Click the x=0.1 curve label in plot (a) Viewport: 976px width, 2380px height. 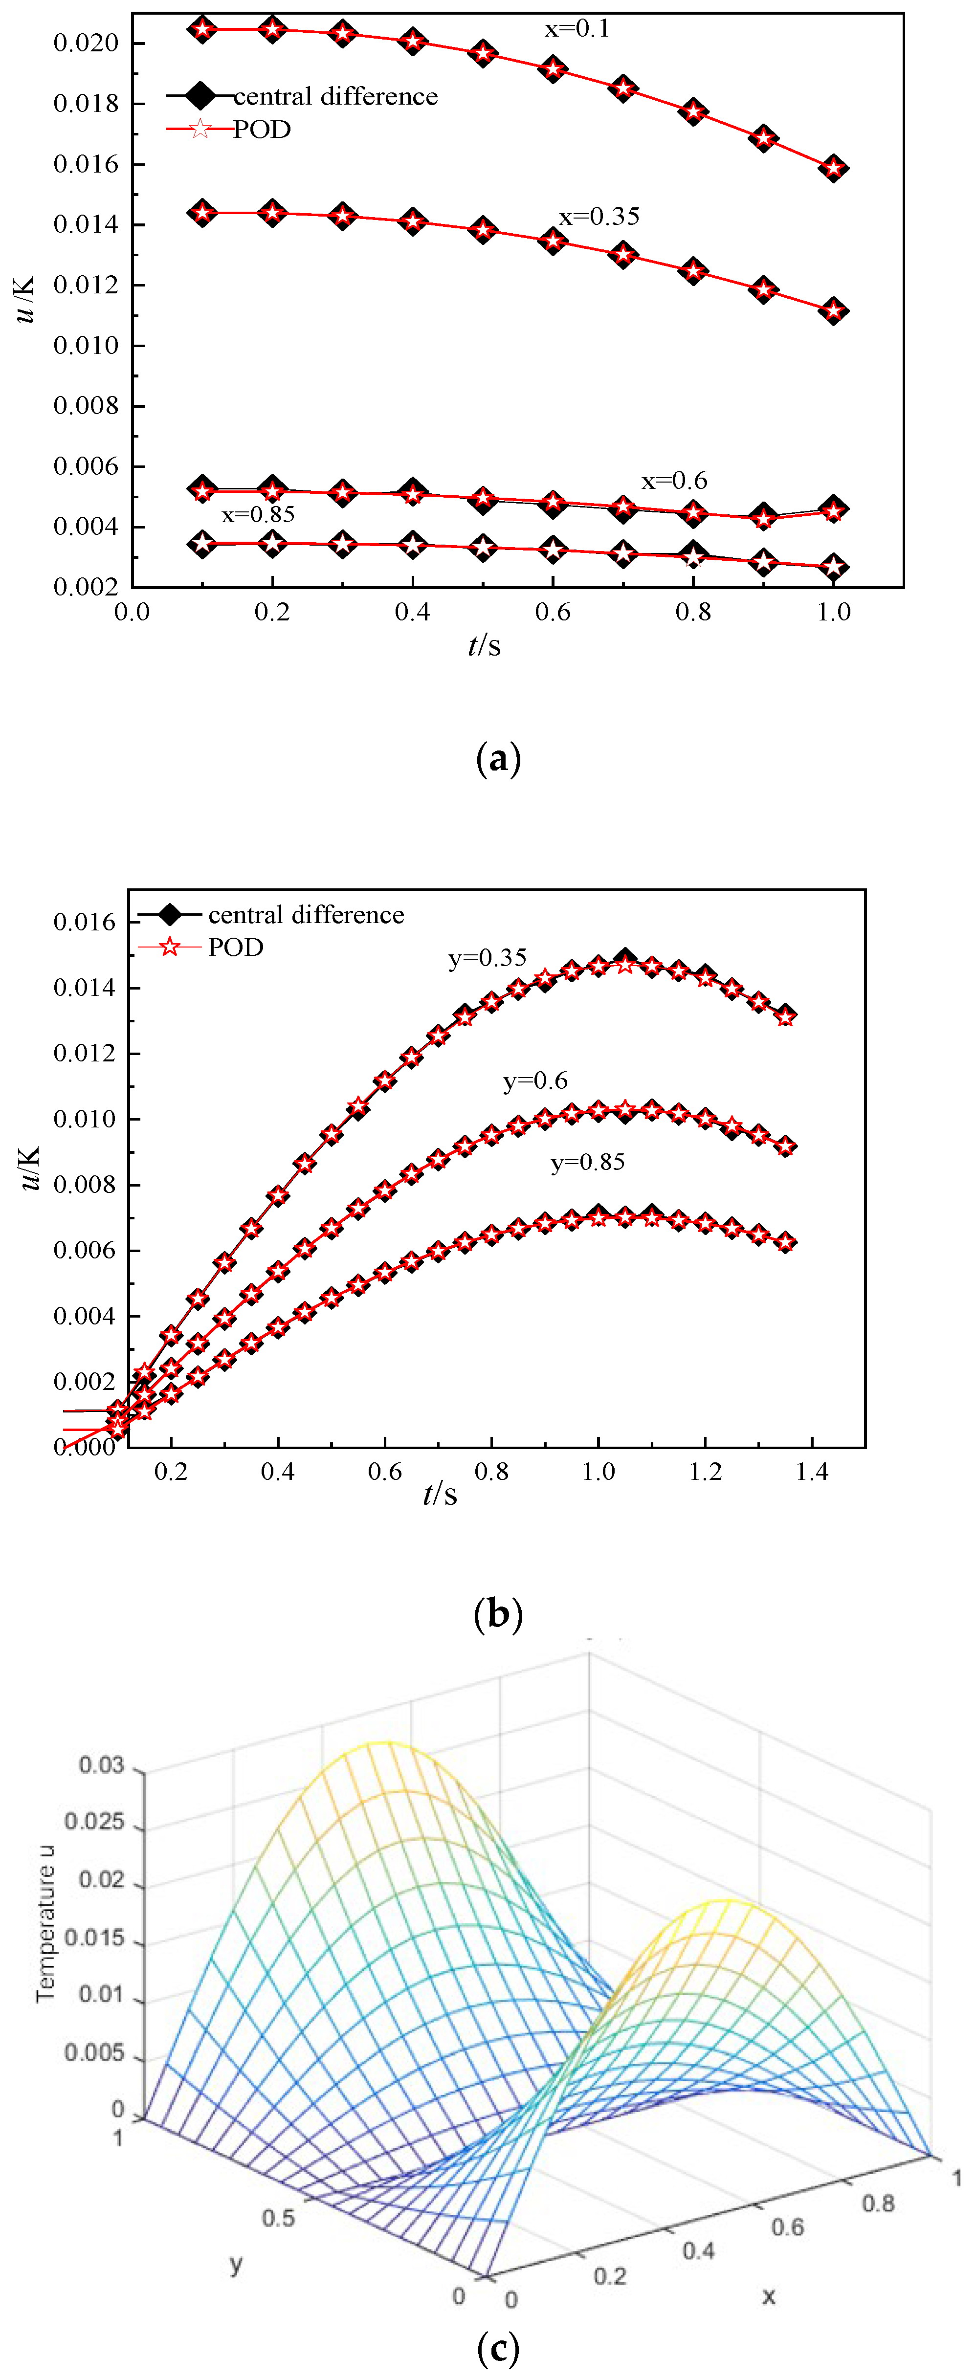pyautogui.click(x=577, y=29)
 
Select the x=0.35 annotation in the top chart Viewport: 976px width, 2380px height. pyautogui.click(x=599, y=216)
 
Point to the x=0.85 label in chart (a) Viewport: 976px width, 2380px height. pyautogui.click(x=258, y=515)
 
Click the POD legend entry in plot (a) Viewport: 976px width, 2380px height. pyautogui.click(x=262, y=130)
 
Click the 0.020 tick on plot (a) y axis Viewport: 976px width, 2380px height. pyautogui.click(x=86, y=44)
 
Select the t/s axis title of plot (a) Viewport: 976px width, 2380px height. pyautogui.click(x=484, y=645)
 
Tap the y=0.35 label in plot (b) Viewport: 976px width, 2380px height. pyautogui.click(x=487, y=958)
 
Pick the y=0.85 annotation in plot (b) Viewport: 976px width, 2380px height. pyautogui.click(x=588, y=1162)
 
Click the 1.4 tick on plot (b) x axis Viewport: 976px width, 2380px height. pyautogui.click(x=812, y=1471)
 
